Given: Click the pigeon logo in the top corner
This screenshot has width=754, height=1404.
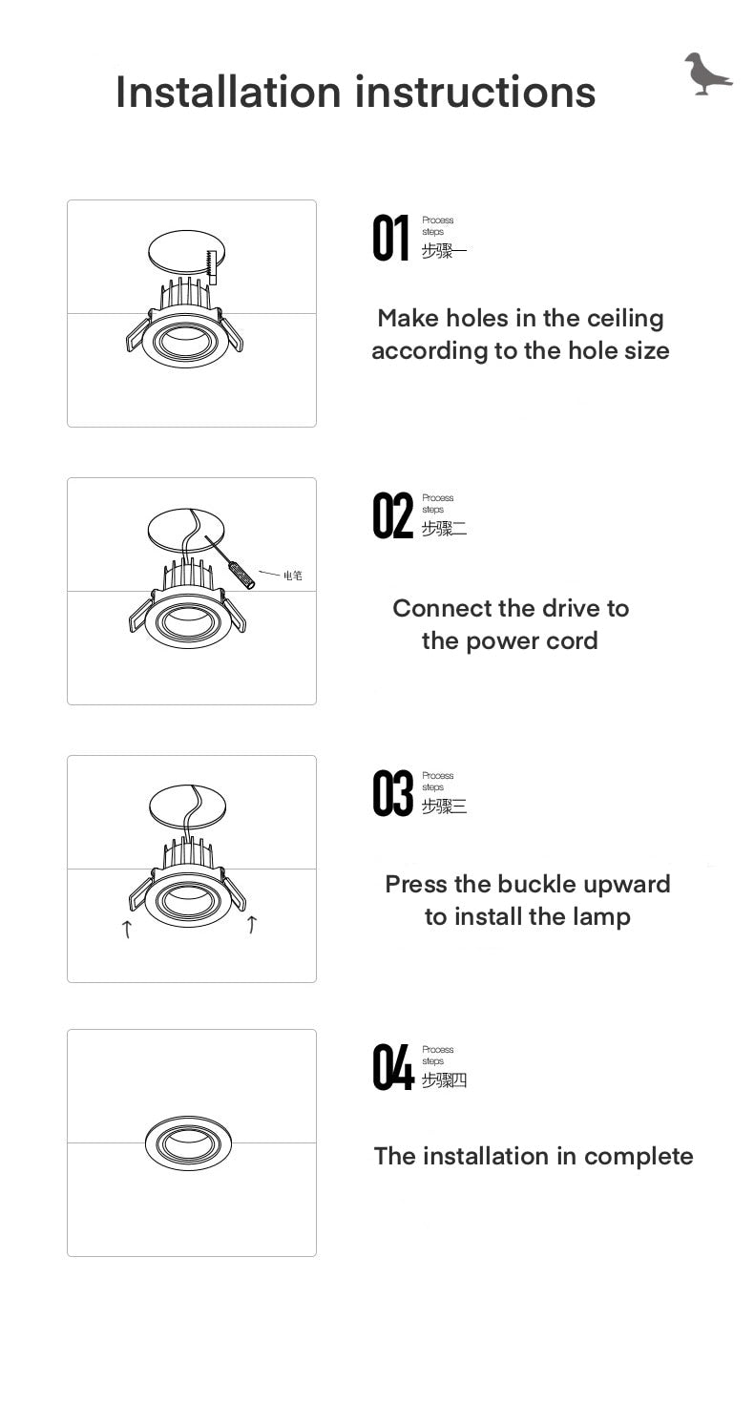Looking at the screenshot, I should tap(706, 74).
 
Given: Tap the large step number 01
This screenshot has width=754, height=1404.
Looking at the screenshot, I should tap(390, 239).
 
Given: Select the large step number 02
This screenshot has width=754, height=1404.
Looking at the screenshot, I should tap(392, 516).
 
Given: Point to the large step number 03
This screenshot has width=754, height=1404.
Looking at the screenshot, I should tap(392, 794).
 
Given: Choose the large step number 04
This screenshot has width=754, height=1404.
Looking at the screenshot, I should tap(392, 1068).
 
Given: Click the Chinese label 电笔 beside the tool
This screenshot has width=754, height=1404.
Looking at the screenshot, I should tap(292, 576).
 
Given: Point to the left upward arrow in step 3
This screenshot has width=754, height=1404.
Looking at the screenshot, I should tap(127, 928).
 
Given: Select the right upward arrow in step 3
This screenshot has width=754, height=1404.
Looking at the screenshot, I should tap(252, 924).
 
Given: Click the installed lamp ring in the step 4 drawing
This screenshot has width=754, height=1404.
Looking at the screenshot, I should tap(188, 1142).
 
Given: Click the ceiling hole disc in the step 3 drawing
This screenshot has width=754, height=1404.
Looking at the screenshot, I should tap(188, 804).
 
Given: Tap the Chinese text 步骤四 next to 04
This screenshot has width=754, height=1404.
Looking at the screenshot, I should tap(444, 1080).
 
